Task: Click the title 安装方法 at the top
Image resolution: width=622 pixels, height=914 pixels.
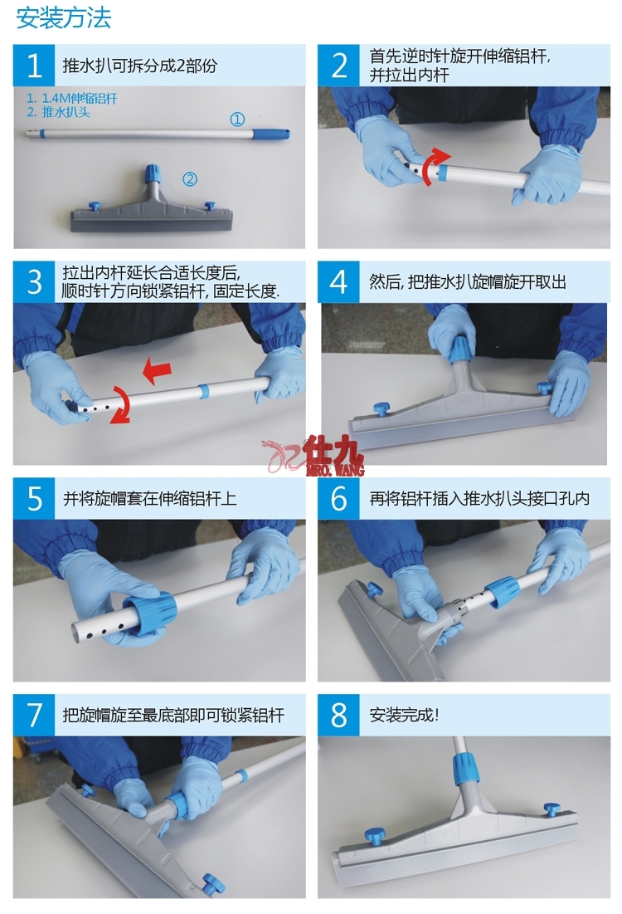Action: (x=63, y=18)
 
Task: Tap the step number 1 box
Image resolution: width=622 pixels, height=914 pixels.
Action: (x=34, y=66)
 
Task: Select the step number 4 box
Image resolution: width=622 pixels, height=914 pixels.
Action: (x=338, y=282)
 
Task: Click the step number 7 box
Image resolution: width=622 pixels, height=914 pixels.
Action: (x=34, y=715)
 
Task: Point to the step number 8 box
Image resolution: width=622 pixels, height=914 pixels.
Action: (x=338, y=715)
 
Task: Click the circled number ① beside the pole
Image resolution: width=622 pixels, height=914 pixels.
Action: (x=237, y=120)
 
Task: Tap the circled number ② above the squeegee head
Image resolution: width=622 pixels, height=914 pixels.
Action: (x=190, y=178)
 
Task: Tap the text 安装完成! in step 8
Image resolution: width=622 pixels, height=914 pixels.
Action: (x=404, y=715)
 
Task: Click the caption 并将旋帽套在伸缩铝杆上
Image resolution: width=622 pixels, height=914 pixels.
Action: (x=150, y=499)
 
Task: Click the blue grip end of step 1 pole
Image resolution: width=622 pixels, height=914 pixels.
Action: (x=271, y=133)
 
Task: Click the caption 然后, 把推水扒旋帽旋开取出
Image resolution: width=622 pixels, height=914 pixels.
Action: (x=467, y=282)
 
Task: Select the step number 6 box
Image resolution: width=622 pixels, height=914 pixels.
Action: (x=338, y=499)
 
